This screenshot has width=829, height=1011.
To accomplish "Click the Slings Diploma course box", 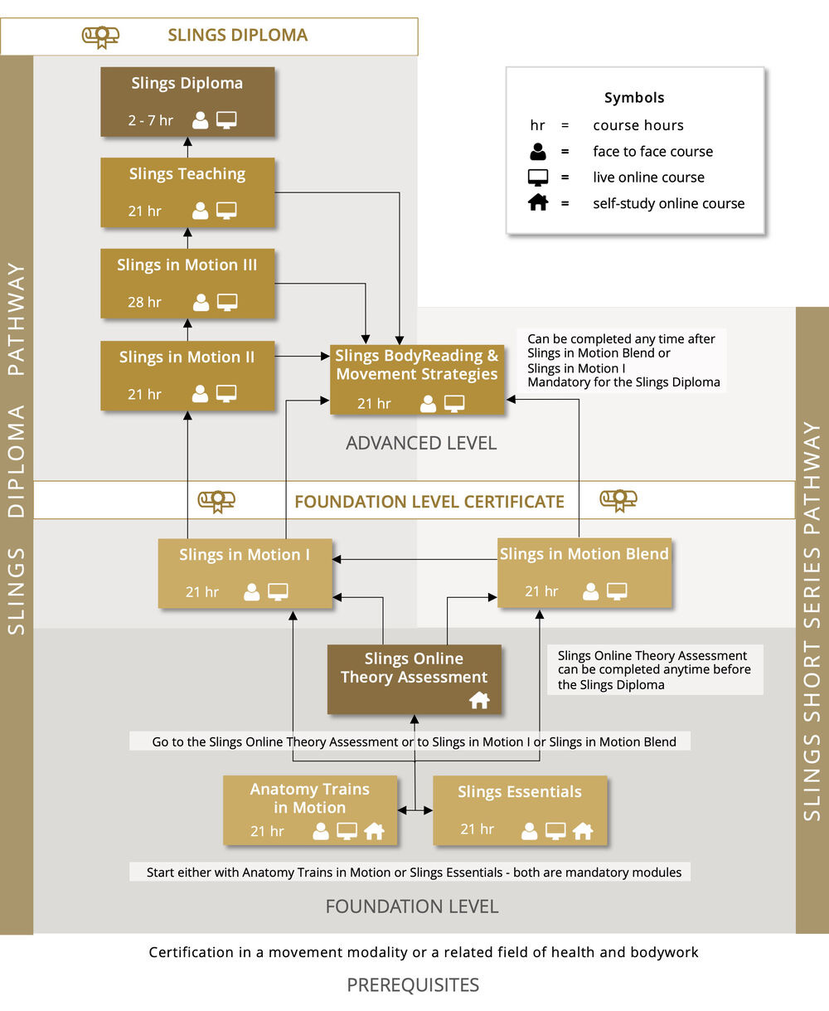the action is [187, 102].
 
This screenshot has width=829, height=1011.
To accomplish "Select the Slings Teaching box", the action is [187, 192].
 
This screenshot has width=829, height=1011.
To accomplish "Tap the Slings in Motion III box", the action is [187, 284].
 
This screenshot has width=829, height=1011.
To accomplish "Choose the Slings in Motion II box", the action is [187, 376].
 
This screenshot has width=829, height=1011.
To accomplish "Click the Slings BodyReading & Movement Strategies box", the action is [417, 379].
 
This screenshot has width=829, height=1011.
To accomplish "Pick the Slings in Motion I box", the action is [245, 573].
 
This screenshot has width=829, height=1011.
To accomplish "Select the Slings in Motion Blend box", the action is [584, 573].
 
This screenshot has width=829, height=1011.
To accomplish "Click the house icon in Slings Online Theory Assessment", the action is [479, 700].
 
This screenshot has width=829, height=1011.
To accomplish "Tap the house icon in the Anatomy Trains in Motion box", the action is [374, 831].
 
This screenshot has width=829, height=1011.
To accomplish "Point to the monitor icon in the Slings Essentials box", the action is [555, 831].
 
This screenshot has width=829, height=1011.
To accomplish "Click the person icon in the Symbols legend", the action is [538, 152].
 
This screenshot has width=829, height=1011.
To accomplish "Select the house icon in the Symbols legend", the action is [538, 202].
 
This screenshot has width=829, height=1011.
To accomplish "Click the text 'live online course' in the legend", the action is [648, 177].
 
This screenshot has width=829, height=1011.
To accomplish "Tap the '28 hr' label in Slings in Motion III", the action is [144, 302].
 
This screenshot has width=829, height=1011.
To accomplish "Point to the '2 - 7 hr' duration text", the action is [150, 119].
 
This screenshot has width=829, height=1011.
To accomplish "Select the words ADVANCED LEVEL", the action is [421, 443].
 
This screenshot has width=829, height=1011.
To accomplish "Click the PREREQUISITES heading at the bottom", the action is [413, 984].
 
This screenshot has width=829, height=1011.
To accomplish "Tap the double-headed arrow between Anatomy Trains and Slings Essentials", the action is [415, 810].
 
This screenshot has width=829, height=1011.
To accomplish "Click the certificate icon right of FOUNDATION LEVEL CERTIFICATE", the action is [618, 501].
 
